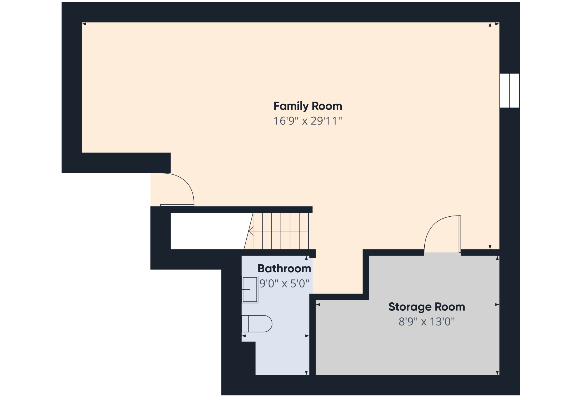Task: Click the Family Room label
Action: tap(308, 106)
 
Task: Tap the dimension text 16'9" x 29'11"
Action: tap(308, 121)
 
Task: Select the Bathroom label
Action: tap(284, 268)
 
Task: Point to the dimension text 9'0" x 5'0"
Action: tap(284, 284)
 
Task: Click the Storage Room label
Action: tap(427, 307)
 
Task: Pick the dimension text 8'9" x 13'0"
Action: tap(427, 322)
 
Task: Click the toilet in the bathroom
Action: tap(257, 324)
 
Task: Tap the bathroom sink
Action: tap(250, 289)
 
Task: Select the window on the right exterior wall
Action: tap(509, 90)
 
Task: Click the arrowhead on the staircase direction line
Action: tap(251, 231)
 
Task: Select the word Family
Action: tap(291, 106)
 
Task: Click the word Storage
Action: tap(410, 307)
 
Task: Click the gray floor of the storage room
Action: tap(406, 350)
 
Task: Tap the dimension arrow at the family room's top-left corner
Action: tap(84, 24)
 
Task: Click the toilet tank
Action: tap(245, 324)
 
